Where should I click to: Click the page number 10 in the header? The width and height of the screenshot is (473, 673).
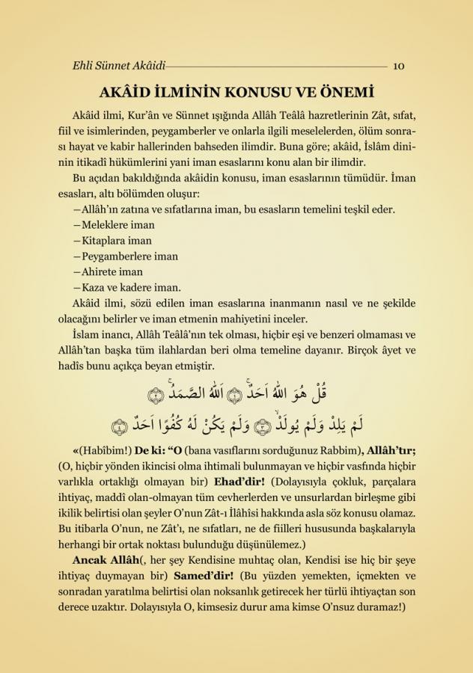click(398, 66)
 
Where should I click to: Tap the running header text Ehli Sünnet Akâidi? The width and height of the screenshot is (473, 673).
click(114, 66)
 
